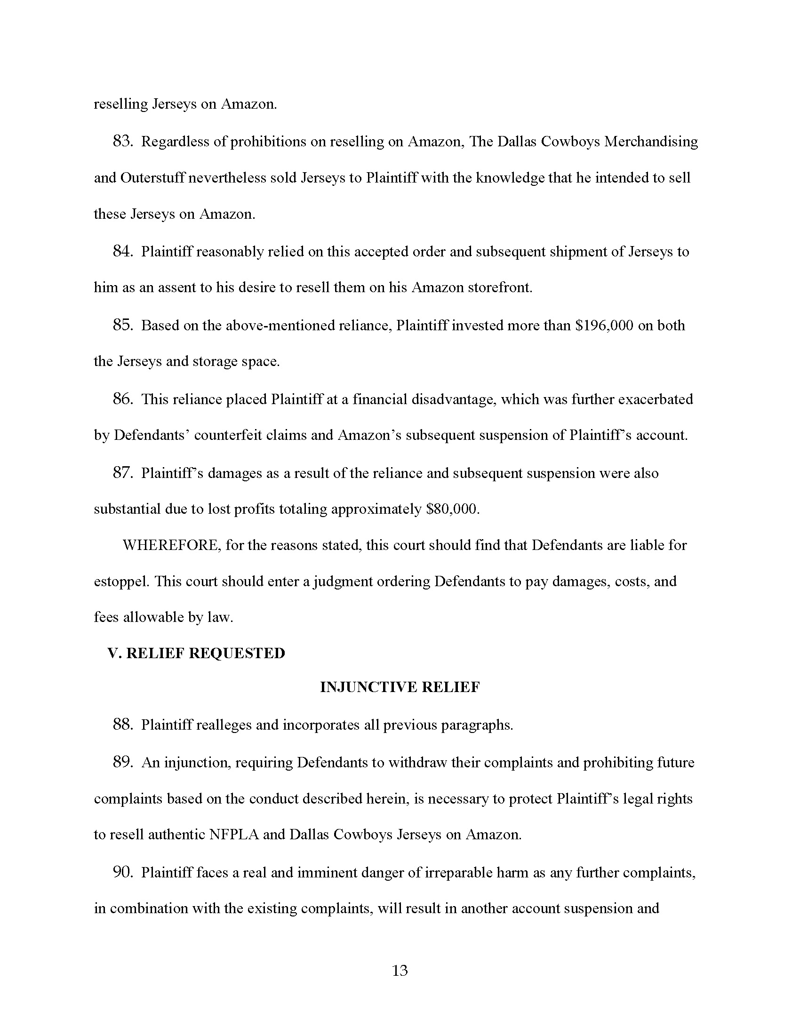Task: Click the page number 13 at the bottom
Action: click(x=400, y=971)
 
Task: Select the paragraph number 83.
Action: click(x=122, y=141)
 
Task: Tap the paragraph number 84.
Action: click(x=122, y=251)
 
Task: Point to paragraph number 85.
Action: click(x=122, y=325)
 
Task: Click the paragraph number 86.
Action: click(x=122, y=399)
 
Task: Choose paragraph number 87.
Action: click(x=122, y=473)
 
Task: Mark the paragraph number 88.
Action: click(x=122, y=724)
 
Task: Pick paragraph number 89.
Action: click(x=122, y=762)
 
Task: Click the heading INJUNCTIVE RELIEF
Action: click(x=400, y=687)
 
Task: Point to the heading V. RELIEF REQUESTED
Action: click(x=196, y=653)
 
